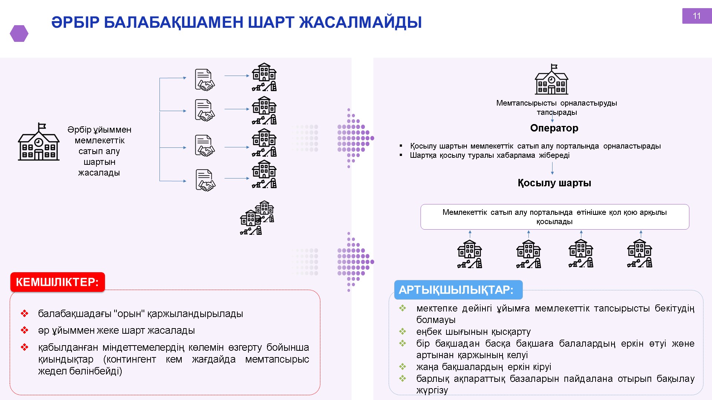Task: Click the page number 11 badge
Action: [696, 16]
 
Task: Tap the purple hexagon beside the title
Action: [19, 33]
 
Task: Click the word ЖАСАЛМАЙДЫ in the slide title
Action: [360, 22]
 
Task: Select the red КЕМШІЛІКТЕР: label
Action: [57, 282]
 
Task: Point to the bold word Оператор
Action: [554, 128]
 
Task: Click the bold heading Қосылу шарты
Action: [554, 183]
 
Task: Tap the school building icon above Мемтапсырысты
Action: [551, 79]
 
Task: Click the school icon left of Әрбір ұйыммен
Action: [39, 142]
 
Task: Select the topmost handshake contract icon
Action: [205, 80]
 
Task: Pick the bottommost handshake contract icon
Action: [205, 180]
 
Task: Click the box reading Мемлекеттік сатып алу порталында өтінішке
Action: [554, 217]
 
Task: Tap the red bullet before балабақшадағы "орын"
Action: [24, 314]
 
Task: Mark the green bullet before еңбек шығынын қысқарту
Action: [402, 331]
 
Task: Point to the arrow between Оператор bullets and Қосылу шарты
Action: [552, 168]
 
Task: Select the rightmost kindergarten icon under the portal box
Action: [639, 254]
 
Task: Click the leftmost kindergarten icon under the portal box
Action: [469, 254]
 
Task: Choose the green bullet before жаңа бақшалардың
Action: [402, 367]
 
